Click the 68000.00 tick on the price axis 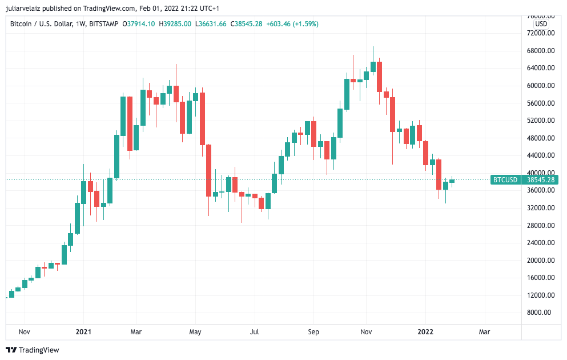tap(540, 50)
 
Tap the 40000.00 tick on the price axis tap(540, 173)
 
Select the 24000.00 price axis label tap(540, 242)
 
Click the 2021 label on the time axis tap(83, 331)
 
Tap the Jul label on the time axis tap(254, 331)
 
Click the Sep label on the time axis tap(313, 331)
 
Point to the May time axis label tap(195, 331)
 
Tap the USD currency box tap(541, 24)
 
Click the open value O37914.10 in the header tap(140, 24)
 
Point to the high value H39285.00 tap(175, 24)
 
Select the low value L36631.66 tap(211, 24)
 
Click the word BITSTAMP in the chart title tap(104, 24)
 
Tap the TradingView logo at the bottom tap(33, 350)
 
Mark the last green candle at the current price tap(452, 181)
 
